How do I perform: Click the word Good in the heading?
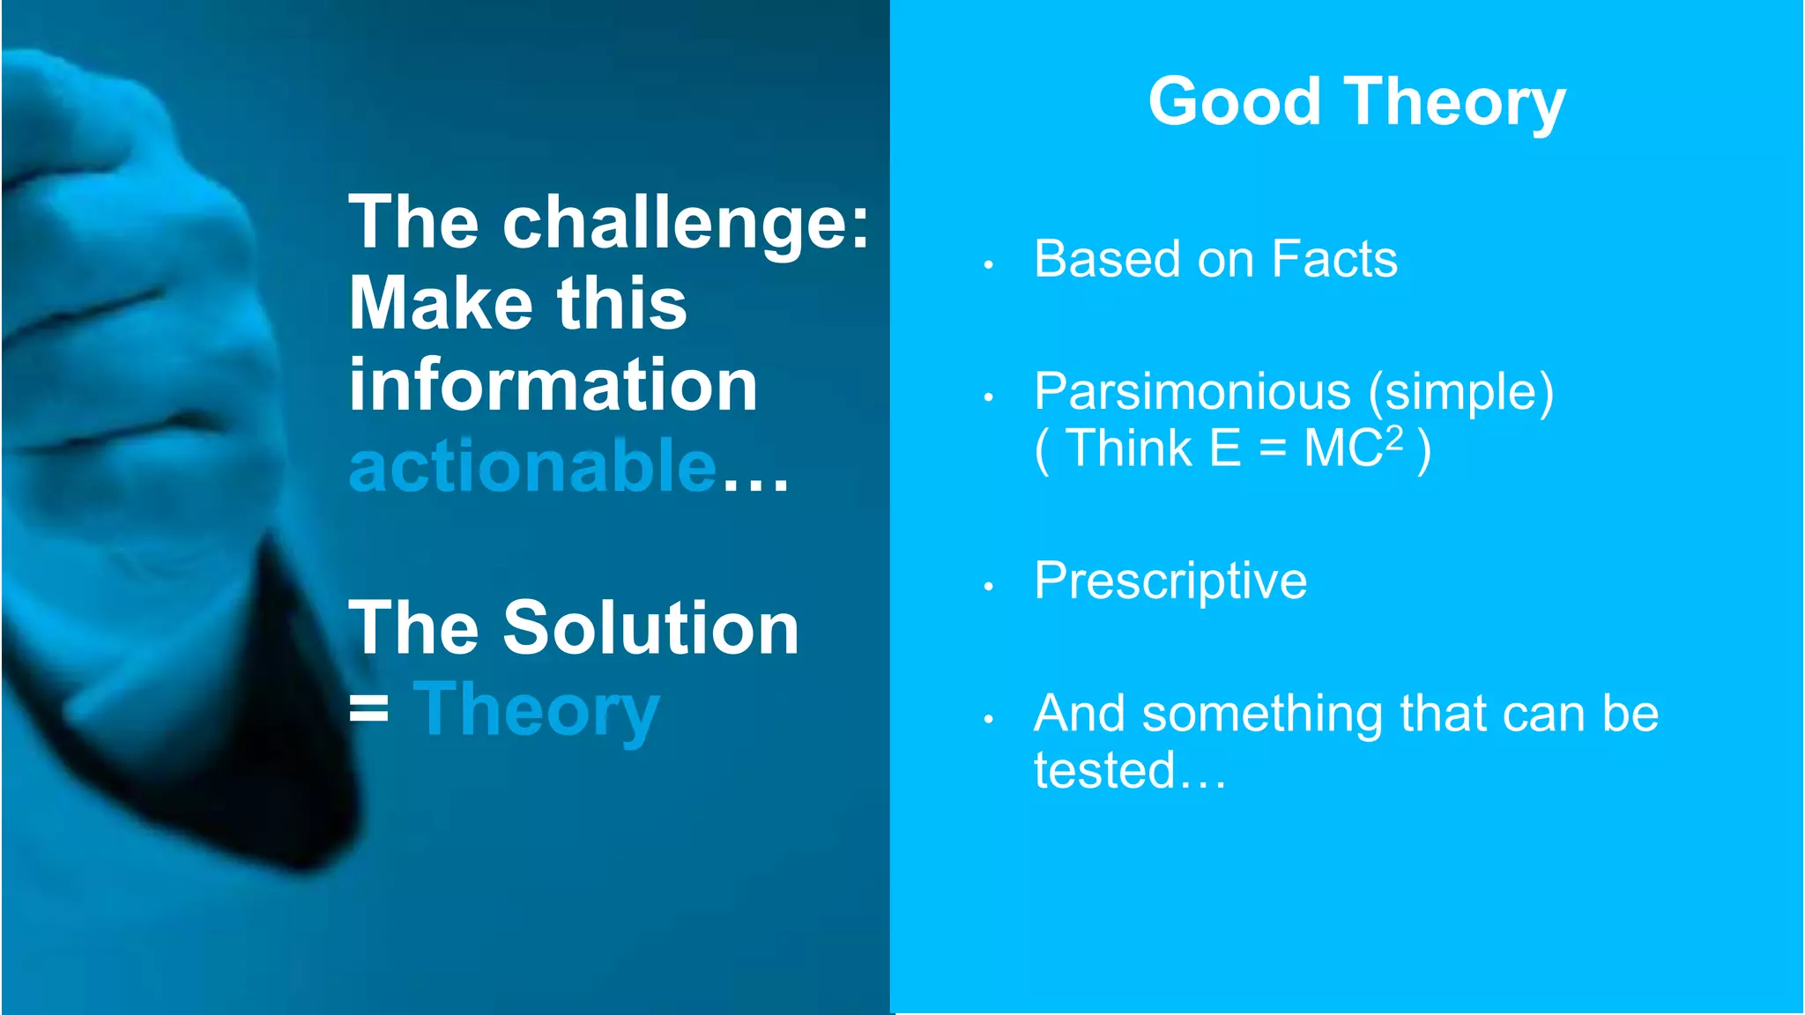point(1234,101)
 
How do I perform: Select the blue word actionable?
point(532,466)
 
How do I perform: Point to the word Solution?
point(650,627)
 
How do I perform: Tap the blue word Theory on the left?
point(536,712)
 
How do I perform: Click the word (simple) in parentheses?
point(1460,392)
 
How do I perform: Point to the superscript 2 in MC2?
point(1393,437)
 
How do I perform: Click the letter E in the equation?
point(1224,448)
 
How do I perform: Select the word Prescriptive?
point(1170,582)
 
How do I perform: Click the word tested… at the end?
point(1129,770)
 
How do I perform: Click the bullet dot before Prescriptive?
point(989,586)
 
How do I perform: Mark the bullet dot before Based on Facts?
point(989,264)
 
